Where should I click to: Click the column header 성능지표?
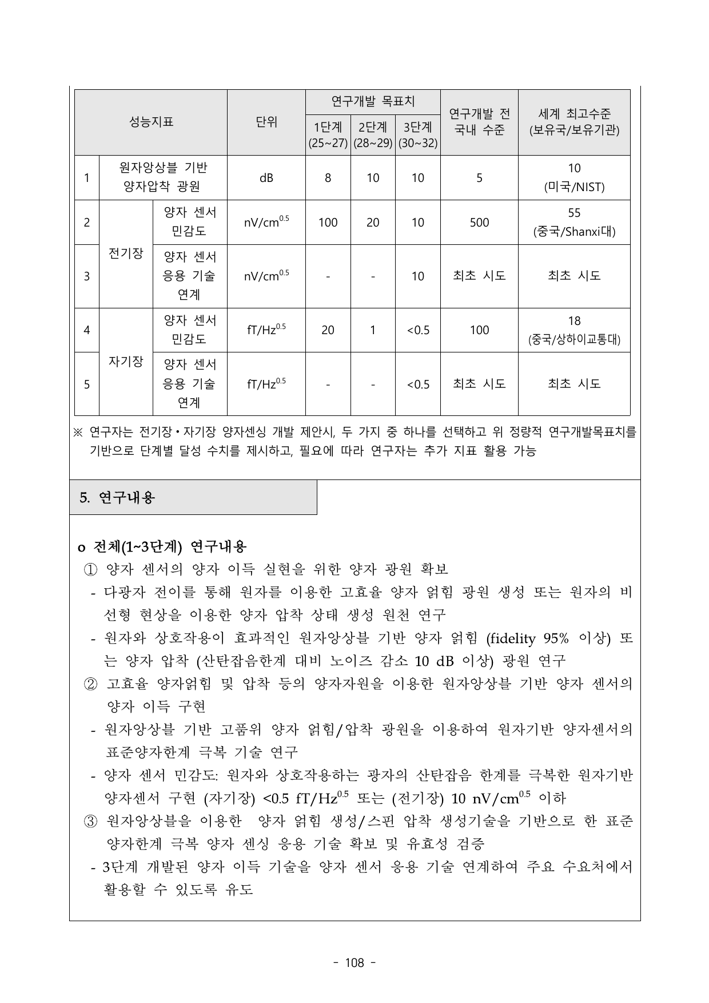(151, 122)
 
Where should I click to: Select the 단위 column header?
(266, 122)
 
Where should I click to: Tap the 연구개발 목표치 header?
(373, 102)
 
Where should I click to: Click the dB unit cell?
(266, 178)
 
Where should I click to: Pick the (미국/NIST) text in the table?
(574, 187)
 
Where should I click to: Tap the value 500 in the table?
(479, 223)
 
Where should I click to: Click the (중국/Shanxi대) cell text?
(574, 232)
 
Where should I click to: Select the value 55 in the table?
(574, 213)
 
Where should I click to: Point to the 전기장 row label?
(126, 253)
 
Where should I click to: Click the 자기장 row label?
(126, 362)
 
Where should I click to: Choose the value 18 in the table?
(574, 321)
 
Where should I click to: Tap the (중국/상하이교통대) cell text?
(574, 340)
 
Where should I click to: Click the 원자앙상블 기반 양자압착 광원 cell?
(163, 177)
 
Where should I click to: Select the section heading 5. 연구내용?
(117, 498)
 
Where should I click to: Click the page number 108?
(354, 963)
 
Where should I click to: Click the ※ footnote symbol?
(79, 433)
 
